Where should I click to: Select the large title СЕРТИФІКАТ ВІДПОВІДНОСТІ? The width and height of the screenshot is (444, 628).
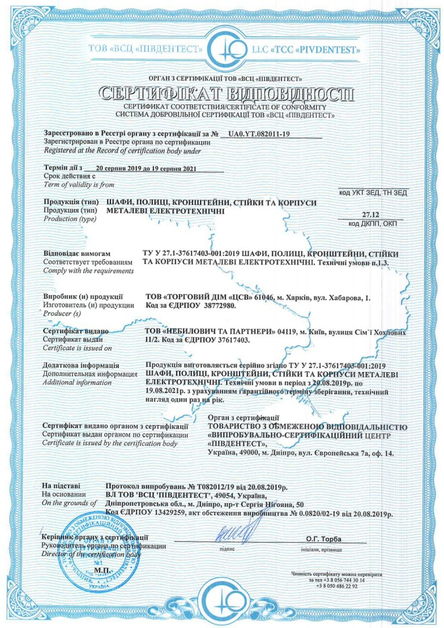pos(223,93)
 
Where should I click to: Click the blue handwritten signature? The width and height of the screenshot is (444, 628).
pos(232,538)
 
